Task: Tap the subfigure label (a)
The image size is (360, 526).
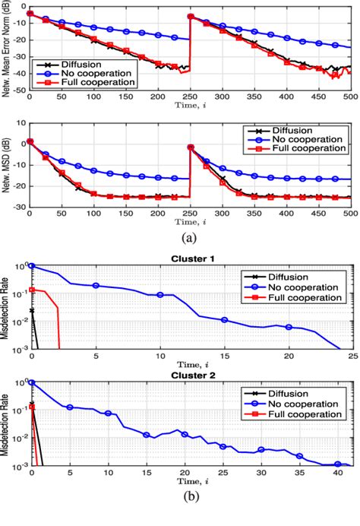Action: (189, 236)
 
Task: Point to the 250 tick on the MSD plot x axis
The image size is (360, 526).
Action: (189, 214)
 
